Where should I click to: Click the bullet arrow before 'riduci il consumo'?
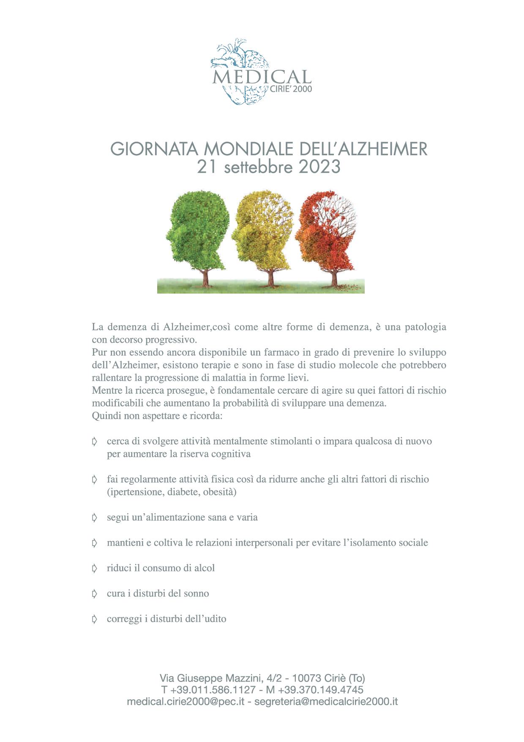pyautogui.click(x=95, y=568)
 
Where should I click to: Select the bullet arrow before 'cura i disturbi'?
pyautogui.click(x=95, y=594)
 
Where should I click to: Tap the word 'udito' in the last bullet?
pyautogui.click(x=214, y=619)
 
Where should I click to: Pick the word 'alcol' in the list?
pyautogui.click(x=204, y=568)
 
